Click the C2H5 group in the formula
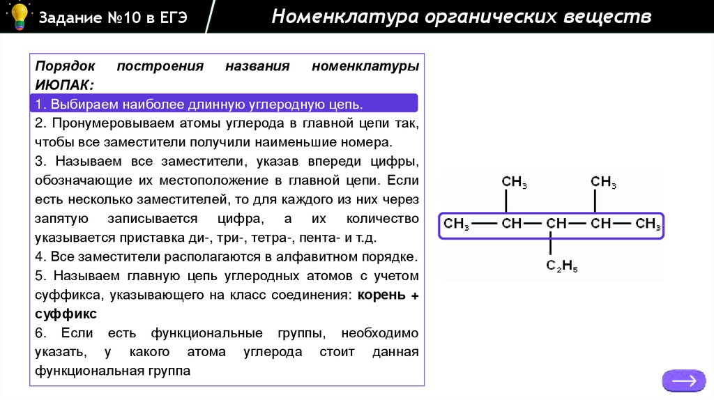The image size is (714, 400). pos(561,266)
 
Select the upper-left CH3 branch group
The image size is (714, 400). pos(515,183)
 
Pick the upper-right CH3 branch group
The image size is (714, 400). pos(603,183)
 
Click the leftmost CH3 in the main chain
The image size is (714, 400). pos(457,224)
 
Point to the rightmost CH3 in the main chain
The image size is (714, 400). pos(648,224)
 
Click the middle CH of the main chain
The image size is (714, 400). pos(556,224)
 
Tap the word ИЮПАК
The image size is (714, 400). pos(61,85)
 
